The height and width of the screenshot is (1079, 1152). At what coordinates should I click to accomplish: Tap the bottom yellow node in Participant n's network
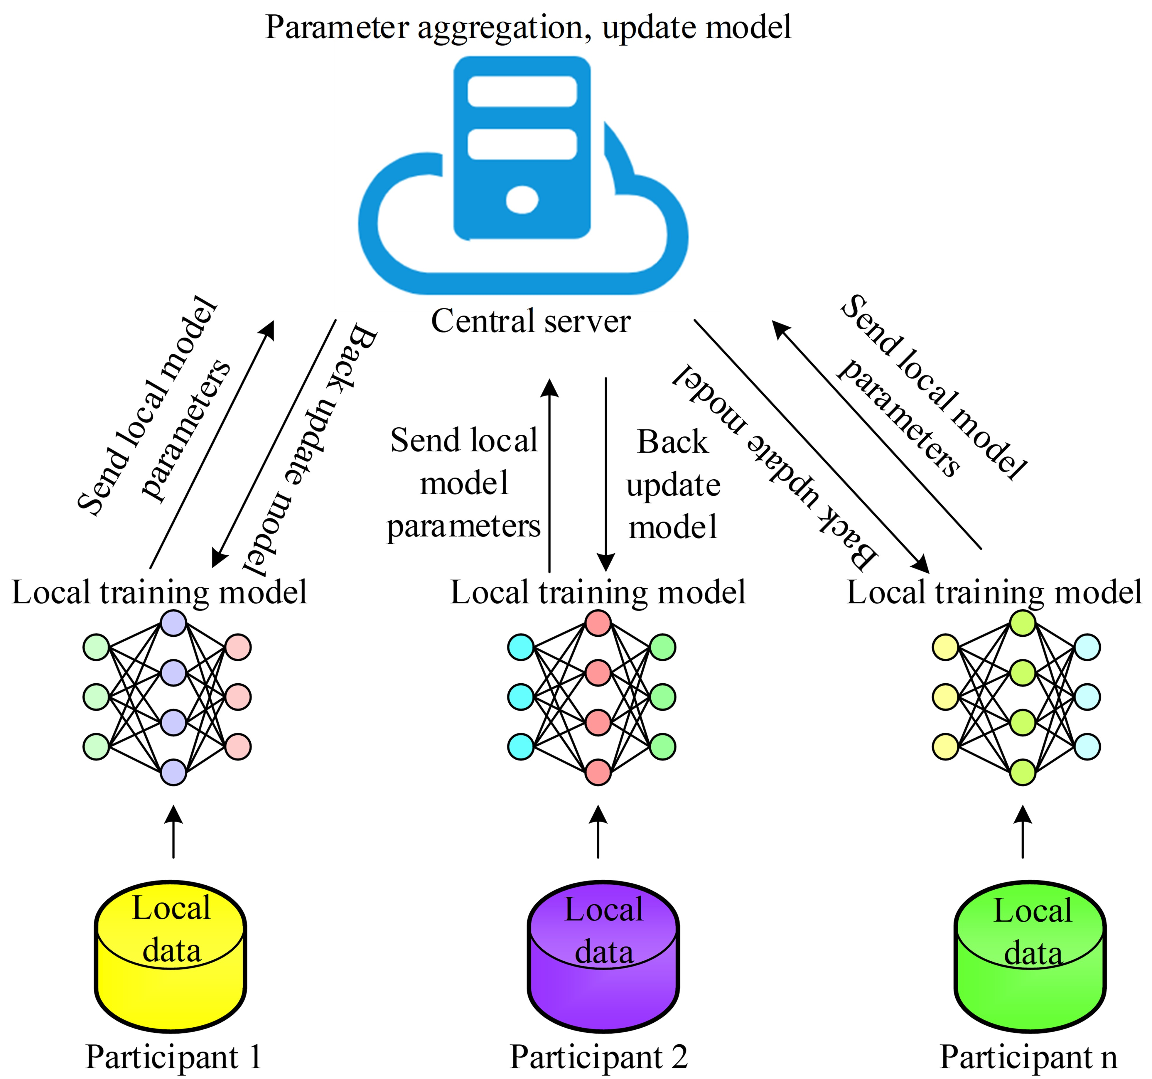(945, 746)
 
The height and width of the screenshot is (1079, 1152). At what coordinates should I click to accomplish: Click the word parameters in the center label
(463, 526)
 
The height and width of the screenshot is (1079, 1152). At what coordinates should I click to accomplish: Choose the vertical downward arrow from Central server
(605, 475)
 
